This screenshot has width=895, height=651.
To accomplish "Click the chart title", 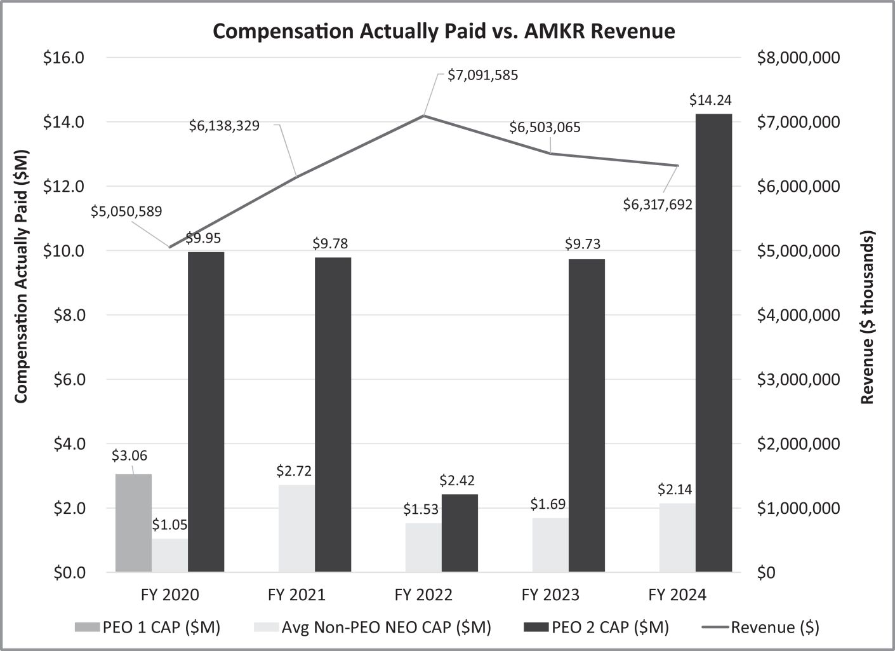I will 444,31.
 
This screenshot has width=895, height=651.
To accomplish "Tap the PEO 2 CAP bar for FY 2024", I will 713,343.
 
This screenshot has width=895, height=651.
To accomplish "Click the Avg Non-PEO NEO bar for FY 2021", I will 296,528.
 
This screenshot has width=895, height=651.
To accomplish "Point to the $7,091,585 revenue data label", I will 482,76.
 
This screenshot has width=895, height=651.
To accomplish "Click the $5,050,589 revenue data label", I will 126,211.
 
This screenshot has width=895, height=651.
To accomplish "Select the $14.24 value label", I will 711,100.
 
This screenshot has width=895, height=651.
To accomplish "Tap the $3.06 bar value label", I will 129,455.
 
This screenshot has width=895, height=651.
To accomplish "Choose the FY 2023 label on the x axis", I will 550,595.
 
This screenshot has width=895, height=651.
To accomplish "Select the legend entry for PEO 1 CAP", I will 147,628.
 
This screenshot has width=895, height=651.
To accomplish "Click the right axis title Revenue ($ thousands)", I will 868,316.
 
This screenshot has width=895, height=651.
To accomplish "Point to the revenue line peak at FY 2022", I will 424,116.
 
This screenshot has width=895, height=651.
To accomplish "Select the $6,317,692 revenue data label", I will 657,205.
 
